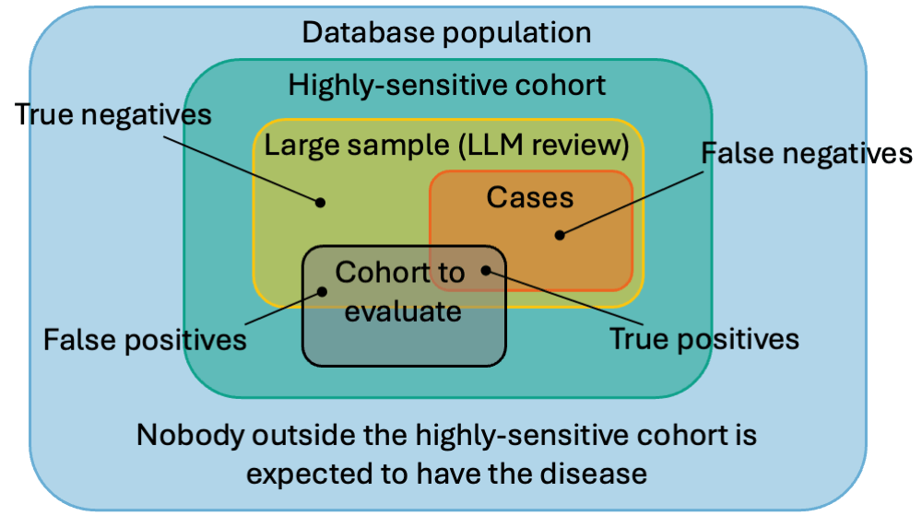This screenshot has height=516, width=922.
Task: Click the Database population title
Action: [x=447, y=33]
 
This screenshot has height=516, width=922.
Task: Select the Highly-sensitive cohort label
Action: [x=447, y=86]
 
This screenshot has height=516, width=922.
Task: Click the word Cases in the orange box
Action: [x=530, y=196]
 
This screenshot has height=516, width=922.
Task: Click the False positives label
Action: [x=145, y=340]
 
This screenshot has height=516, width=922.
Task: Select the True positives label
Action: [x=704, y=338]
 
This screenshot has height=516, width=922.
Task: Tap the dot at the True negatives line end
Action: [x=321, y=202]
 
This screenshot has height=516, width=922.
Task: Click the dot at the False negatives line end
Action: [x=559, y=234]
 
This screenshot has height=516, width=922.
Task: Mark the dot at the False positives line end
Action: [x=323, y=291]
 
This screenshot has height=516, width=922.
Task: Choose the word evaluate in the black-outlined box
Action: [x=396, y=311]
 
